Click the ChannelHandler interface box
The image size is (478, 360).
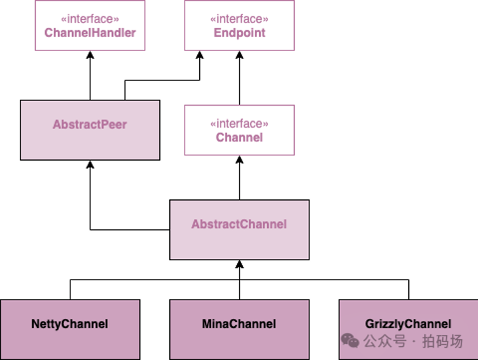tap(90, 25)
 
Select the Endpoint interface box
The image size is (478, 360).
tap(239, 25)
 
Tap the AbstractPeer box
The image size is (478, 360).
tap(90, 130)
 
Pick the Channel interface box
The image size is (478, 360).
tap(239, 130)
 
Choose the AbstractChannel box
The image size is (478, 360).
tap(239, 230)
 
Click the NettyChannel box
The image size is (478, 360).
tap(70, 329)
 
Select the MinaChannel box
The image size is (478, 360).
tap(239, 329)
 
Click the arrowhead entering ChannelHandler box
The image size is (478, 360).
tap(90, 56)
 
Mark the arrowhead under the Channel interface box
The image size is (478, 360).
tap(240, 161)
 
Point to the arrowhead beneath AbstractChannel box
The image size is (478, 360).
tap(240, 265)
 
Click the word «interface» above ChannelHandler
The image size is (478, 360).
tap(90, 19)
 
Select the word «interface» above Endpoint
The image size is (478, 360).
tap(239, 19)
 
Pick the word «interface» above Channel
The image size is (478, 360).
tap(239, 124)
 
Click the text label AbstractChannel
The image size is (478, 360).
tap(239, 225)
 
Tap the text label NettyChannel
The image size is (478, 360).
tap(70, 324)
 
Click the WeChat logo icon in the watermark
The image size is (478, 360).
tap(350, 341)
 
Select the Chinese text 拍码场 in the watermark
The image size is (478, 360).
tap(442, 341)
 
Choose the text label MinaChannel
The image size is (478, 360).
tap(239, 324)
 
